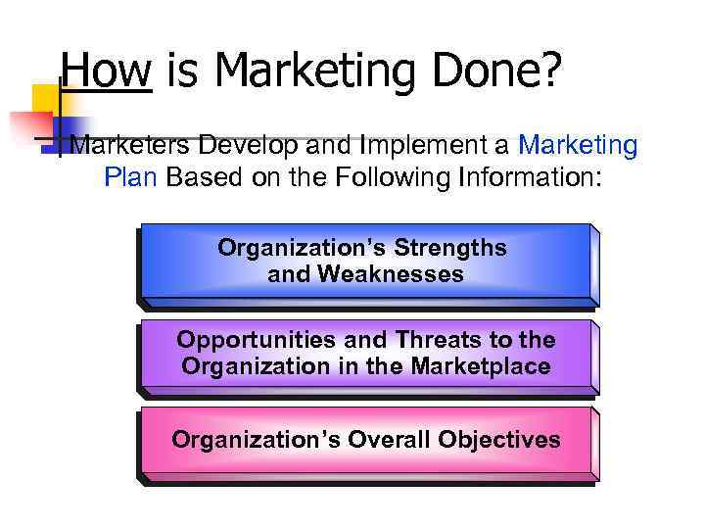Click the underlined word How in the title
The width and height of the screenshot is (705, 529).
[x=106, y=71]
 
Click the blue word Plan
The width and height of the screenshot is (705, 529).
[x=133, y=179]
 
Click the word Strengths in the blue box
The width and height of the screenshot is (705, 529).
[x=454, y=248]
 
